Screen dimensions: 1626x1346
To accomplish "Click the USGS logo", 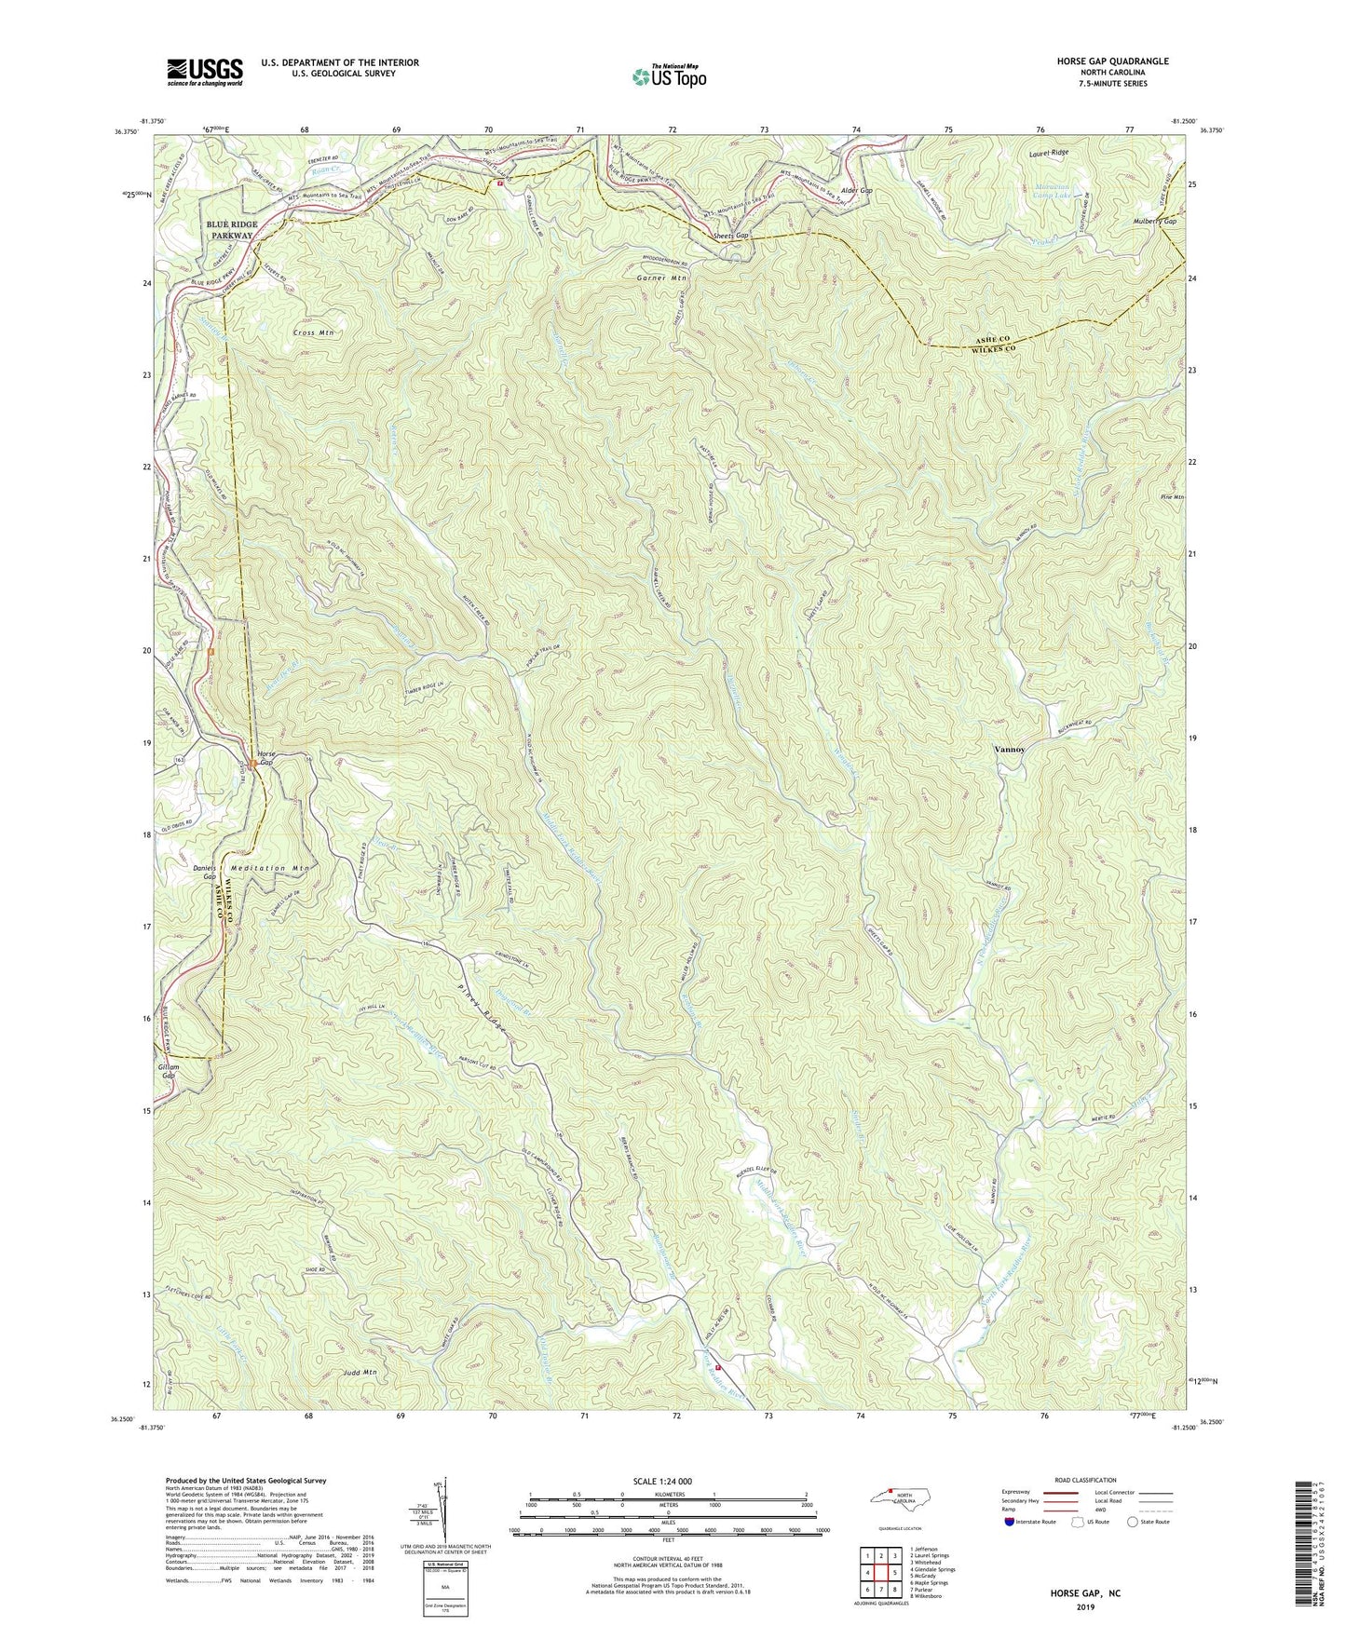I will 204,72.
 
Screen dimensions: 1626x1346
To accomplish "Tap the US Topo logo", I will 668,76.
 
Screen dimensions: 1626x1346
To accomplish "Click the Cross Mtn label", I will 312,332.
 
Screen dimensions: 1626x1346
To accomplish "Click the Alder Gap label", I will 856,190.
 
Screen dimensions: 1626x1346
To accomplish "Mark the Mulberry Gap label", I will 1154,222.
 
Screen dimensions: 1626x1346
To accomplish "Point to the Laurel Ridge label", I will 1049,152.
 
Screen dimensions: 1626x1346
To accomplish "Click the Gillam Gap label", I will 168,1071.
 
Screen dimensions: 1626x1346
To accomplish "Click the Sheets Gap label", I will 731,237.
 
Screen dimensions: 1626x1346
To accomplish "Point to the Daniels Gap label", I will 204,874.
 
